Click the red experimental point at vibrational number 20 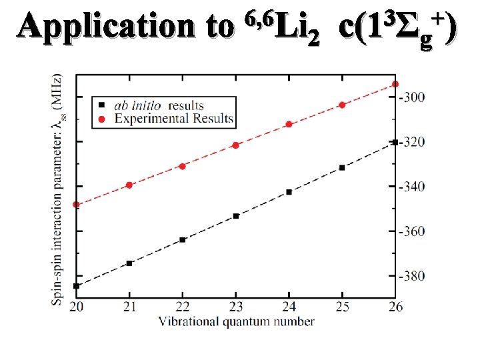pos(76,205)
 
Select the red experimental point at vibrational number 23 pos(235,145)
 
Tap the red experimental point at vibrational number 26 pos(395,84)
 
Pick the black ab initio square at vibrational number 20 pos(76,286)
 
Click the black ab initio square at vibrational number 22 pos(183,239)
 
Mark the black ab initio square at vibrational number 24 pos(289,192)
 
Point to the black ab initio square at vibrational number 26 pos(395,142)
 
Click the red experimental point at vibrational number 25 pos(342,105)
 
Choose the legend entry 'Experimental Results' pos(173,119)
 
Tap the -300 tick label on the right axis pos(411,97)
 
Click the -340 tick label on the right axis pos(411,187)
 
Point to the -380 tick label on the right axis pos(411,276)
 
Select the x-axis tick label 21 pos(129,306)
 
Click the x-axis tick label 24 pos(289,306)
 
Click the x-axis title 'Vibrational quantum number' pos(236,321)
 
